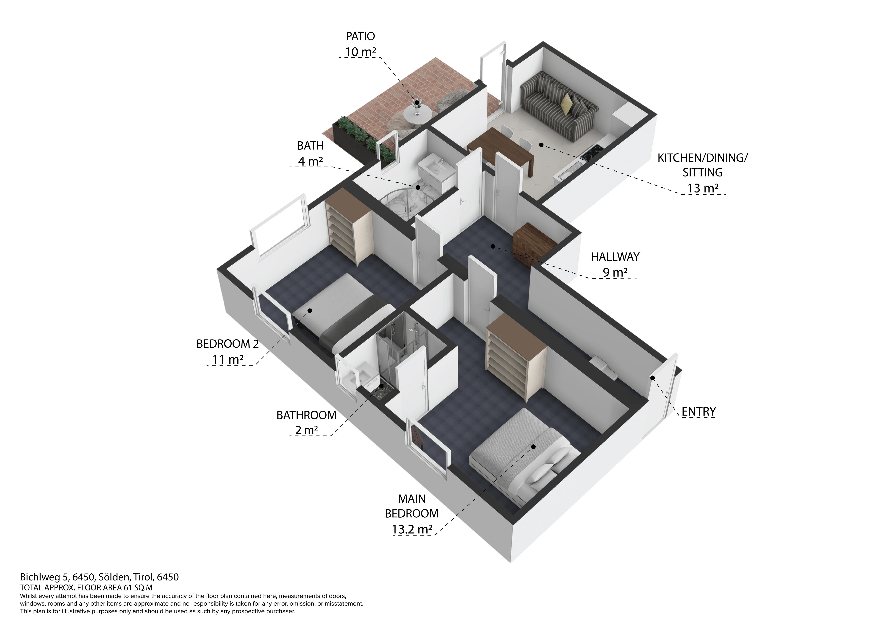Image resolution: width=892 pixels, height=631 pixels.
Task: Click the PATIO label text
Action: coord(360,37)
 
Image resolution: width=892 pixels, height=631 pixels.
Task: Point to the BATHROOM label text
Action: coord(306,415)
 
